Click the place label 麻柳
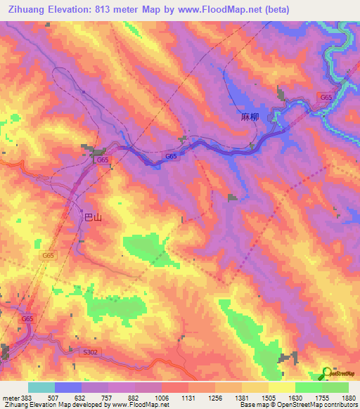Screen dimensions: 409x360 point(250,117)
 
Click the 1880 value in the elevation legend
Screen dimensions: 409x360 point(348,397)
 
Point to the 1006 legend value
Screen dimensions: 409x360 point(161,397)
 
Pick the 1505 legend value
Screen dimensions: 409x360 point(268,397)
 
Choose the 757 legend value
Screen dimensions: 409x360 point(108,397)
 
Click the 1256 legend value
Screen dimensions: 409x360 point(214,397)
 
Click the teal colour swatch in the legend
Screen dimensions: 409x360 point(41,387)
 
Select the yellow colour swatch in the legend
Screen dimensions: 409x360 point(282,387)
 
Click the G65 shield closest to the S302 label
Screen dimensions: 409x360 point(27,319)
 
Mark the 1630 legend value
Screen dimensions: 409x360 point(295,397)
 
